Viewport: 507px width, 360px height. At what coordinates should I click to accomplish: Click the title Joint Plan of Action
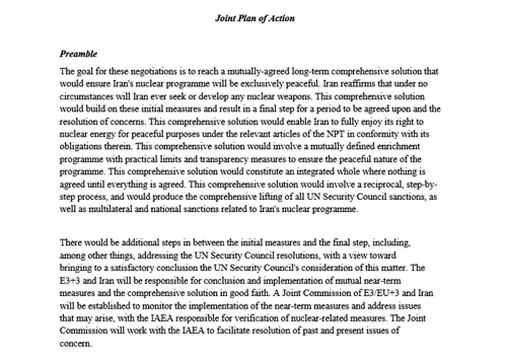[254, 18]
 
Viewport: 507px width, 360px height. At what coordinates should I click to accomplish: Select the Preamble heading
[79, 54]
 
